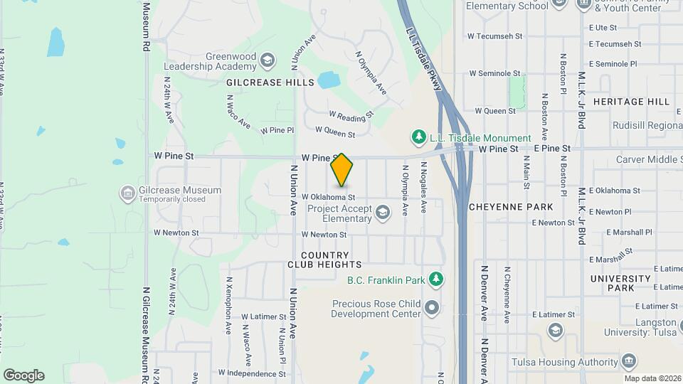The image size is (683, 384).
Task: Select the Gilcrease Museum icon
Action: coord(128,193)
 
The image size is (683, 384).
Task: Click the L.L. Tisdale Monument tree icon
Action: coord(419,137)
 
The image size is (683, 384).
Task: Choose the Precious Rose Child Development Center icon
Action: coord(433,308)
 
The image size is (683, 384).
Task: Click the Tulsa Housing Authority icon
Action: coord(628,361)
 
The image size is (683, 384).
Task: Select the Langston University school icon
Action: coord(556,330)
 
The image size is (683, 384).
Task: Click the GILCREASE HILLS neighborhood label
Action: coord(270,82)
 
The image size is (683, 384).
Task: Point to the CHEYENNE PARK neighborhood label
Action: coord(511,207)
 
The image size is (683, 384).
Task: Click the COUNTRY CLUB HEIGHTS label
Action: coord(325,260)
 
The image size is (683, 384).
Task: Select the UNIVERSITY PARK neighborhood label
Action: coord(620,283)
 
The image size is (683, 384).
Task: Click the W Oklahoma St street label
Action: coord(328,197)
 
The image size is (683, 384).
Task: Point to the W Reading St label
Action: coord(351,114)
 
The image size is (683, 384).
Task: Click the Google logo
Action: coord(23,375)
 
